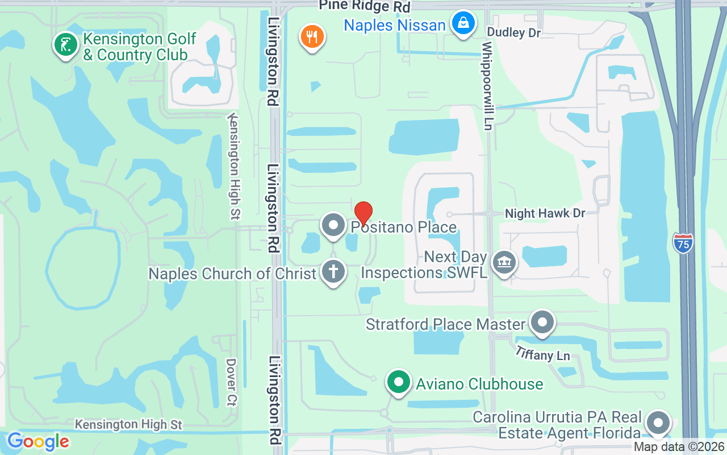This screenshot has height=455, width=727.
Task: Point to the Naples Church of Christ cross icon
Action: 333,271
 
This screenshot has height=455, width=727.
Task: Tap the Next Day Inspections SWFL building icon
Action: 504,263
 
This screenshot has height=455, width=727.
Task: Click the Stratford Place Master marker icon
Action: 542,322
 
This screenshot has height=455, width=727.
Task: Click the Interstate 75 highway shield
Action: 683,243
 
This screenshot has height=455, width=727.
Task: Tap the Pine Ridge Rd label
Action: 364,6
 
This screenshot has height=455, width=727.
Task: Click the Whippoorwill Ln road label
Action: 487,85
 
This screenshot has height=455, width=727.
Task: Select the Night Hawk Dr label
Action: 545,213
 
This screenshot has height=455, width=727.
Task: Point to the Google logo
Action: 38,441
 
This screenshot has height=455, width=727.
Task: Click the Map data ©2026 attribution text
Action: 679,447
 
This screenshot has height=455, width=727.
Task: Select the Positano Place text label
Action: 403,227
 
